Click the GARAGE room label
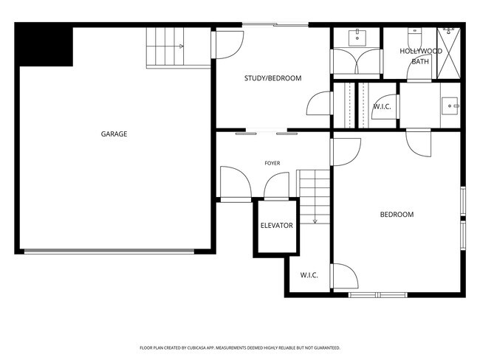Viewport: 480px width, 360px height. coord(114,134)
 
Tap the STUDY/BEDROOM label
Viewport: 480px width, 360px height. coord(272,78)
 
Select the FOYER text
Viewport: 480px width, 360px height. coord(272,163)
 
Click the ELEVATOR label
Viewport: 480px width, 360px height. coord(277,226)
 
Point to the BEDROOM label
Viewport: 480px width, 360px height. coord(397,215)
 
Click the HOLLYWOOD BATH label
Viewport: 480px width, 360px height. coord(421,56)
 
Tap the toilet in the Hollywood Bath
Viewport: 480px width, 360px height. coord(415,36)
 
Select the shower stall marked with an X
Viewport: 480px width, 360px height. coord(448,53)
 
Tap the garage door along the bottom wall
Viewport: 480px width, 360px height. coord(109,252)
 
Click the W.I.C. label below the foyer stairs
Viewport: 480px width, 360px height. coord(309,275)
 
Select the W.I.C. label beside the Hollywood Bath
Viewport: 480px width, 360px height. coord(382,107)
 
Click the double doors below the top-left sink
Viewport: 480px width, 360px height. coord(357,61)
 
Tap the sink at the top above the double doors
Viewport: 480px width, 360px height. coord(357,38)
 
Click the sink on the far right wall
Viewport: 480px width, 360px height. coord(450,106)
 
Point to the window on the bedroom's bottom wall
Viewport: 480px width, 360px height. coord(378,295)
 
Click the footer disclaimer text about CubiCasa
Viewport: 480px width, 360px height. coord(240,347)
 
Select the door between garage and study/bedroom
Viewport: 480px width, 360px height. coord(227,45)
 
